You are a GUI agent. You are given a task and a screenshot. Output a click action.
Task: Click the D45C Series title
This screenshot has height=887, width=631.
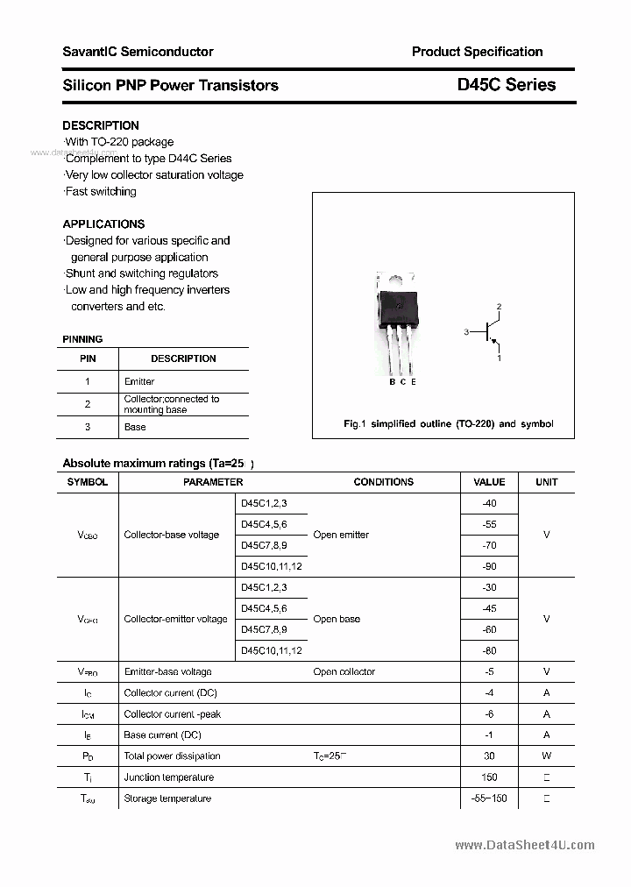(x=506, y=85)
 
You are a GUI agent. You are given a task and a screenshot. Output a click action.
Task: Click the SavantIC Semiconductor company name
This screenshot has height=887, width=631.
(x=138, y=52)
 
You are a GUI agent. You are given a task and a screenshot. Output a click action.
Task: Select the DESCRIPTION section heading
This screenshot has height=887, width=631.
(x=101, y=125)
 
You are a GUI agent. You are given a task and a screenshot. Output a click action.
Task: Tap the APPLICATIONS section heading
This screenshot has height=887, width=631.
(x=103, y=224)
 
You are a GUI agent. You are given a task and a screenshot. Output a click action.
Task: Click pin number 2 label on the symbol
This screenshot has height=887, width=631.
(x=499, y=307)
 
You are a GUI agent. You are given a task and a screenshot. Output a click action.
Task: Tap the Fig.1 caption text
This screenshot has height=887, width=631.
(x=448, y=424)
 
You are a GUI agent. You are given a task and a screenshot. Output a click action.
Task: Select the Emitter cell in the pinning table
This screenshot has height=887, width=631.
(x=139, y=382)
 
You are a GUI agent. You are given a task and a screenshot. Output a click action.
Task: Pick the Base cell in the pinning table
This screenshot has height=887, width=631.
(x=135, y=428)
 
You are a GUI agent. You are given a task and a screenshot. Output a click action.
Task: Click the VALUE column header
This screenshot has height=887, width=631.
(x=489, y=482)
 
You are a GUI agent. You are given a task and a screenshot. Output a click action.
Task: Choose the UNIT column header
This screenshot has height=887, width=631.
(x=546, y=482)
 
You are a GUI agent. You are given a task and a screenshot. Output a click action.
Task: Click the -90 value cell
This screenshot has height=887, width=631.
(x=489, y=566)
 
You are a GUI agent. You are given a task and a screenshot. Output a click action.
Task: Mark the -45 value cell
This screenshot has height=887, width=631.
(x=489, y=608)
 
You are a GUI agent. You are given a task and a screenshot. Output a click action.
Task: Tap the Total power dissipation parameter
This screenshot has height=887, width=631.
(x=172, y=756)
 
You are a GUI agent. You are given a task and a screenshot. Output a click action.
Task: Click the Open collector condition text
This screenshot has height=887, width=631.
(x=344, y=672)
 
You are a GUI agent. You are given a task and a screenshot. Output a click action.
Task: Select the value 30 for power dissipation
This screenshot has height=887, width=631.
(x=489, y=756)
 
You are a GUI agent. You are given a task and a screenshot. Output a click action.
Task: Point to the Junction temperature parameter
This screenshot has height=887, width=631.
(x=168, y=777)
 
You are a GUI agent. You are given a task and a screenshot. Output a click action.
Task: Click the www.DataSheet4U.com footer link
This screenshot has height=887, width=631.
(x=525, y=845)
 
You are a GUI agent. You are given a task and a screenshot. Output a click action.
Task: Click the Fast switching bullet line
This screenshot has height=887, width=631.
(x=101, y=191)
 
